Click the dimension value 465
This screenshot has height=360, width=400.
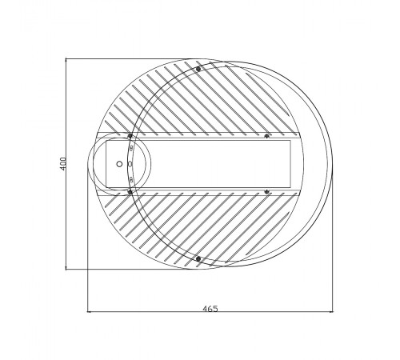tap(210, 307)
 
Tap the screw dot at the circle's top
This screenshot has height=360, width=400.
tap(198, 69)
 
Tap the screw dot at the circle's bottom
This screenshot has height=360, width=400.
tap(197, 258)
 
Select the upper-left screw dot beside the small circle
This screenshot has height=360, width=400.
tap(130, 135)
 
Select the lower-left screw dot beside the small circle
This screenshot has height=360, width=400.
tap(130, 191)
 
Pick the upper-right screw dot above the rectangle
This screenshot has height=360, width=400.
tap(266, 135)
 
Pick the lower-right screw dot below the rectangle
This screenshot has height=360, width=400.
tap(266, 191)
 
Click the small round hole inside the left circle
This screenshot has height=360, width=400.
tap(119, 163)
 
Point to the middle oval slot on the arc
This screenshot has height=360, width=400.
tap(129, 163)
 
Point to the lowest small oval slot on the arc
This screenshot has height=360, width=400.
tap(130, 177)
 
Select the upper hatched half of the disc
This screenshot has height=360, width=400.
tap(200, 100)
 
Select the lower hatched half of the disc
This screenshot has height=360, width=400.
tap(200, 228)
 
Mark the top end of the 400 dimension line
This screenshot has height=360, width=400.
tap(66, 58)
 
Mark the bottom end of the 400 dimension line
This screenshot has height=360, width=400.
tap(66, 270)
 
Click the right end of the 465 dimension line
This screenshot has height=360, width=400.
tap(331, 311)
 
